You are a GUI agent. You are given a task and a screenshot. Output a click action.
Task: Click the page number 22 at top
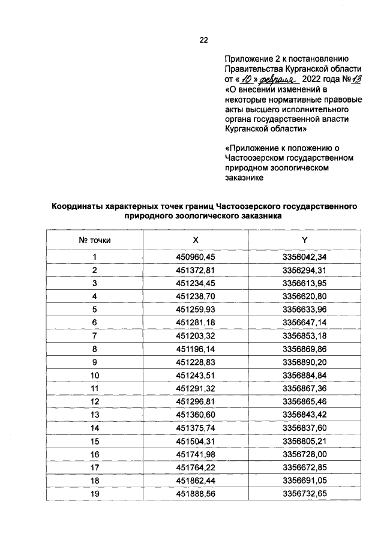coord(203,41)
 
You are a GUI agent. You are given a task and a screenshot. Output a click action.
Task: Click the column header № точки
coord(95,240)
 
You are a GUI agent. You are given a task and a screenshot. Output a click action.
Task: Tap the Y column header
coord(304,240)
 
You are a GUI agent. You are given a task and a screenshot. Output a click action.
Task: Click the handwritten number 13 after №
coord(341,79)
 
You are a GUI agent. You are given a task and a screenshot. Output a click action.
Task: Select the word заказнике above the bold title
coord(244,178)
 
